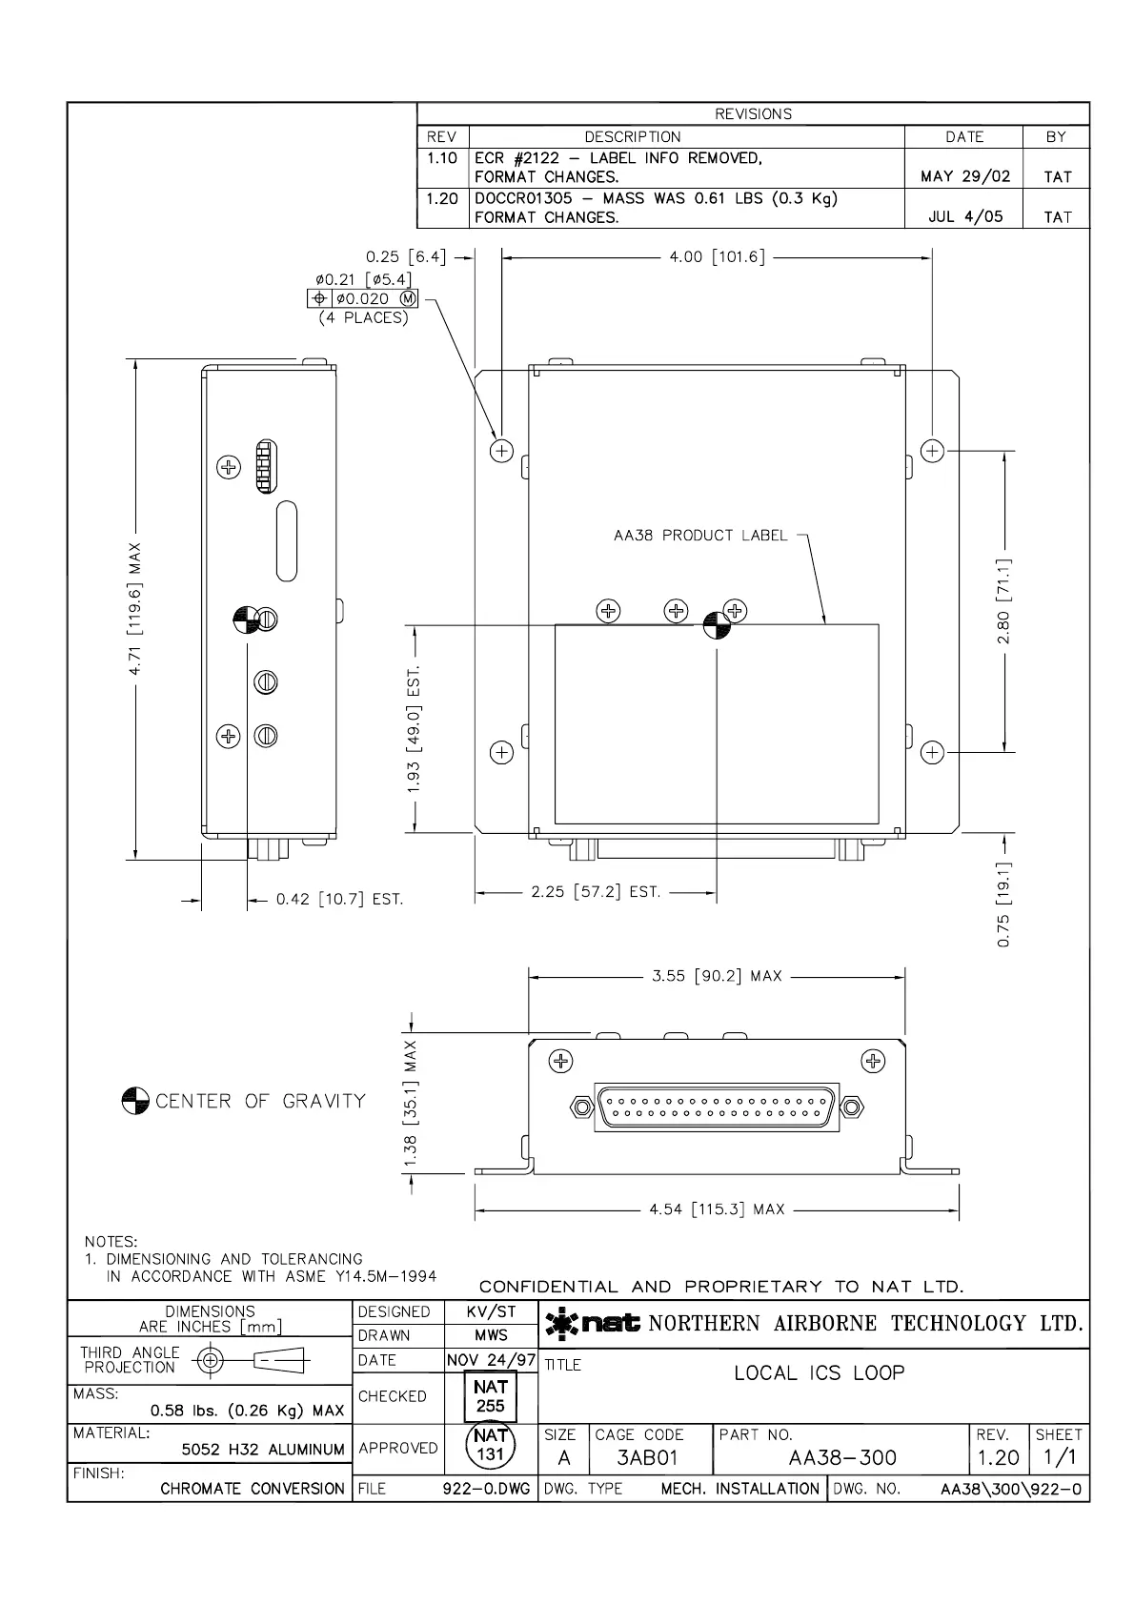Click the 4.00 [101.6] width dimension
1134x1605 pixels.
pyautogui.click(x=716, y=257)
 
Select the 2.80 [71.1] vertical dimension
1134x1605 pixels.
pyautogui.click(x=1004, y=600)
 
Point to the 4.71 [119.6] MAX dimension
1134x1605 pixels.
pyautogui.click(x=135, y=609)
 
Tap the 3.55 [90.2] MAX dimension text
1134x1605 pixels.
pyautogui.click(x=716, y=976)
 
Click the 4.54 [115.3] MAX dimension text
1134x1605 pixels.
pyautogui.click(x=717, y=1209)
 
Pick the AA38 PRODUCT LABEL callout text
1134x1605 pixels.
pyautogui.click(x=700, y=536)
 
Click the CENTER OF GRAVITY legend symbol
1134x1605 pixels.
pyautogui.click(x=135, y=1101)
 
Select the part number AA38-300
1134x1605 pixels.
pyautogui.click(x=842, y=1458)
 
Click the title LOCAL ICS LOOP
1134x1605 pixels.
pyautogui.click(x=819, y=1373)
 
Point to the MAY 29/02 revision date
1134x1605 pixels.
pyautogui.click(x=964, y=176)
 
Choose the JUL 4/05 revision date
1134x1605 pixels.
pyautogui.click(x=964, y=217)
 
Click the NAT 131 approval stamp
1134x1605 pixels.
pyautogui.click(x=490, y=1445)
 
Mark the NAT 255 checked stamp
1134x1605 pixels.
pyautogui.click(x=490, y=1396)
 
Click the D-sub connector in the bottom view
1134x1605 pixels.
pyautogui.click(x=717, y=1107)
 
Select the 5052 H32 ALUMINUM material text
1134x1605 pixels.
pyautogui.click(x=263, y=1450)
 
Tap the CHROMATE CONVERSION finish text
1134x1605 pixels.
pyautogui.click(x=253, y=1489)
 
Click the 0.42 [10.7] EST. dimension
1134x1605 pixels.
pyautogui.click(x=339, y=899)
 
